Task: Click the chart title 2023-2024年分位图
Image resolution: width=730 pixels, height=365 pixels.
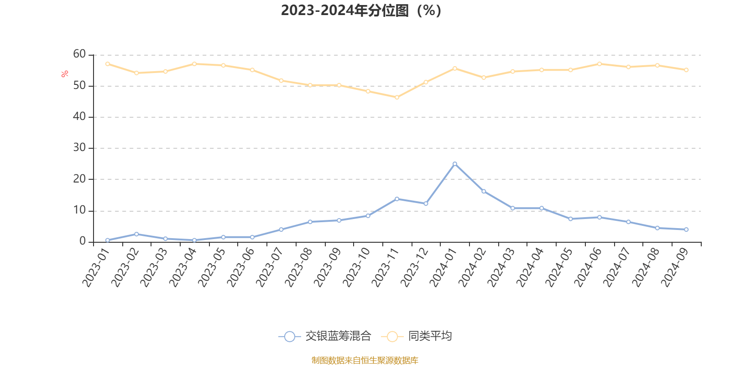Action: point(360,10)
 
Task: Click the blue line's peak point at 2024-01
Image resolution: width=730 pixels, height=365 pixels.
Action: point(454,164)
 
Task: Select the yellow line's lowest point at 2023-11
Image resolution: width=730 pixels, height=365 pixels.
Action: point(396,97)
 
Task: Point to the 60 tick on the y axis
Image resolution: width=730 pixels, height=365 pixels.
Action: point(79,54)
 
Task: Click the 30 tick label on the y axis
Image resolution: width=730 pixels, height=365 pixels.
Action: point(79,148)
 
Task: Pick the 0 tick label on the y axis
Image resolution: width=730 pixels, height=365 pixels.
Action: point(83,241)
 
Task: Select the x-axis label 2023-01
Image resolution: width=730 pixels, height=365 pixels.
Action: point(96,267)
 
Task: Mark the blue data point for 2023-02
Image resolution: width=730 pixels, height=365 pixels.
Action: point(136,234)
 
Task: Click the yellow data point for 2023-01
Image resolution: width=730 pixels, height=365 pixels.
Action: point(107,64)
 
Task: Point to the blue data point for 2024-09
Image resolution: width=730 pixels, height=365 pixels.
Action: point(686,229)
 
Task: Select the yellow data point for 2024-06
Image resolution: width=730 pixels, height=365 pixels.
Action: point(600,64)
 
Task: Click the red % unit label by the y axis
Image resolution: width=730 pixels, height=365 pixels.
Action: point(65,74)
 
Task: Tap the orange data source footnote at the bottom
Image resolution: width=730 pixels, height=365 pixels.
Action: point(365,360)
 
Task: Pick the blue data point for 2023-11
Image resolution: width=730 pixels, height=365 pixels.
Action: point(396,199)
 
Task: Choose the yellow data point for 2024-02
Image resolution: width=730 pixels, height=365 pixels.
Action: point(484,78)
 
